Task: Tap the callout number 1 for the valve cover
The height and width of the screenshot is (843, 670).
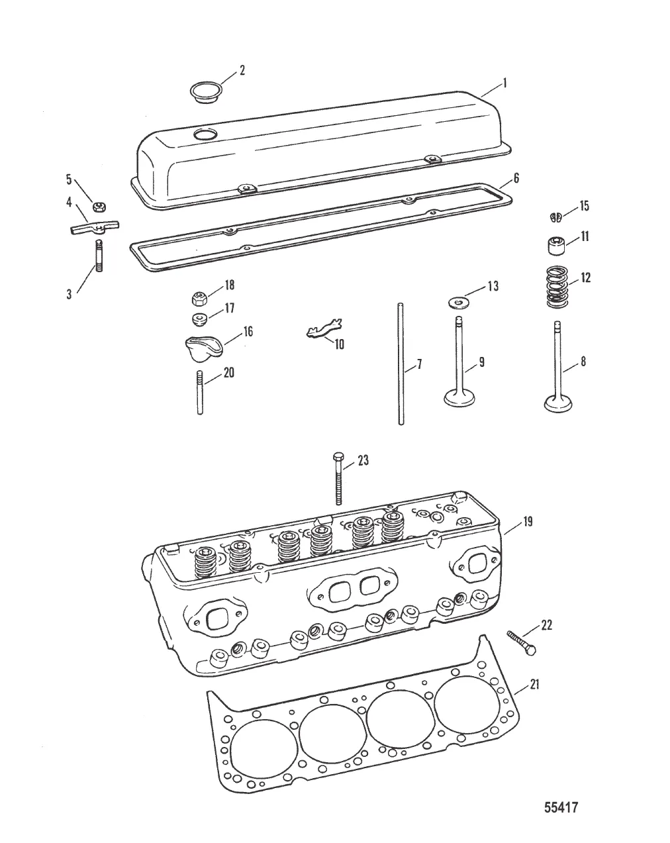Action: pyautogui.click(x=504, y=83)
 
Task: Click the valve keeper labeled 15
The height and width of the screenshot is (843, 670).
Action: pyautogui.click(x=556, y=216)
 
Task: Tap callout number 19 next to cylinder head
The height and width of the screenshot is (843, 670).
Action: pyautogui.click(x=528, y=522)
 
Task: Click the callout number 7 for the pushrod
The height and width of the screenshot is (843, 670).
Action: pyautogui.click(x=418, y=365)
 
